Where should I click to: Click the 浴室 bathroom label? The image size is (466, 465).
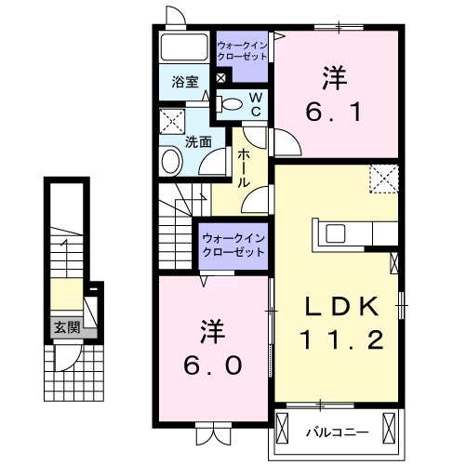(x=184, y=82)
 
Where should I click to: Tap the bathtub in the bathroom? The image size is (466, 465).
(x=184, y=48)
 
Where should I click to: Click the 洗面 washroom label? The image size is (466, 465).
(x=197, y=142)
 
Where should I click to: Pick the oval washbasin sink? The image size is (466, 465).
(x=170, y=162)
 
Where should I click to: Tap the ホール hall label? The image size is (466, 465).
(x=242, y=167)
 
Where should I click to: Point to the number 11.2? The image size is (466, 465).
(x=340, y=342)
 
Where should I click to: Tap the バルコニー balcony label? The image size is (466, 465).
(x=337, y=431)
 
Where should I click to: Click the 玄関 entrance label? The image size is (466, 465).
(x=65, y=327)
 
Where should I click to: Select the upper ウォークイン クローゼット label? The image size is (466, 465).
(x=243, y=50)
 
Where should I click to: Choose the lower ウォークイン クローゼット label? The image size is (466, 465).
(x=233, y=246)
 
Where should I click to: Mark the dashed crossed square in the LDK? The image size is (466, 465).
(x=382, y=179)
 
